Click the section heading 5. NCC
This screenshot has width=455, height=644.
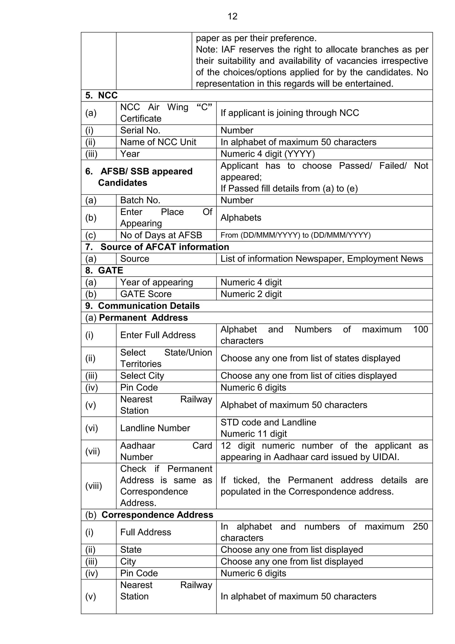coord(102,95)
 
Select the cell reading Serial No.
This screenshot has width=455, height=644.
coord(140,131)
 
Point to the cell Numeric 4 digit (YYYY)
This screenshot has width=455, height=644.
coord(267,154)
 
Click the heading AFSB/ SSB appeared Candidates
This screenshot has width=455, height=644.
coord(139,177)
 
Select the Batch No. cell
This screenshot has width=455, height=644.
coord(140,200)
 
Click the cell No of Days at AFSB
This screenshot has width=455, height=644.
coord(161,235)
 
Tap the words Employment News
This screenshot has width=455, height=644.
coord(385,259)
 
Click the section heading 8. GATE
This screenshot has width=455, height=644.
coord(104,270)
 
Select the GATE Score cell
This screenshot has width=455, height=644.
coord(146,294)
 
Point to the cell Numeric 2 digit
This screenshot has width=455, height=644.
coord(251,294)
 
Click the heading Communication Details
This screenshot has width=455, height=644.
coord(149,306)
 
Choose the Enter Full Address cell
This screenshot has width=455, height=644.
coord(158,335)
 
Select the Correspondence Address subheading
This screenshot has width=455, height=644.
coord(157,515)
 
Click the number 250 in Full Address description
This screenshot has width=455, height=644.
coord(420,527)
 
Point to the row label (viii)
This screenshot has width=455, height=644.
coord(94,486)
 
